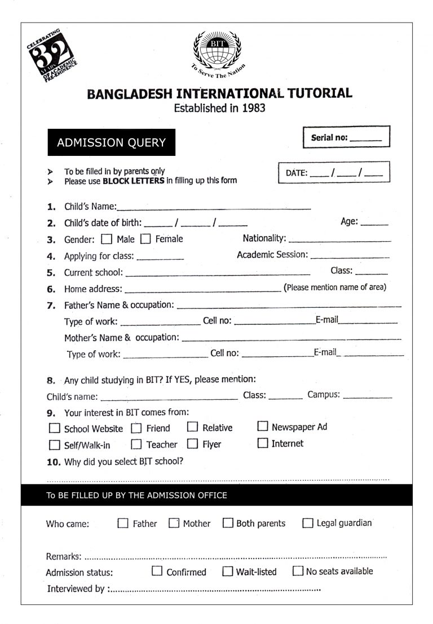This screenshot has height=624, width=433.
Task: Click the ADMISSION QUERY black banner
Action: pyautogui.click(x=111, y=142)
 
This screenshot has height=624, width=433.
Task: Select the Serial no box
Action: pyautogui.click(x=346, y=137)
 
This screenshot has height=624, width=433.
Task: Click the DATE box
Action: pyautogui.click(x=334, y=173)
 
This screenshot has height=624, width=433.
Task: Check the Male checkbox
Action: pyautogui.click(x=107, y=239)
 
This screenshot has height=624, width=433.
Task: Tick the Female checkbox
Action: pyautogui.click(x=145, y=239)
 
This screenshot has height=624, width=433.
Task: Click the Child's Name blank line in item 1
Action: pyautogui.click(x=214, y=207)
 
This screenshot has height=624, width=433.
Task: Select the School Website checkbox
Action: pyautogui.click(x=54, y=428)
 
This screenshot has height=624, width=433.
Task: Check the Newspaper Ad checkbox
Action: pyautogui.click(x=263, y=426)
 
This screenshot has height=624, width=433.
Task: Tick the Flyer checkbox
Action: pyautogui.click(x=193, y=444)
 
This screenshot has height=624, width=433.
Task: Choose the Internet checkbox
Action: pyautogui.click(x=263, y=443)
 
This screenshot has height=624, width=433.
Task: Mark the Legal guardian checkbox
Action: pyautogui.click(x=308, y=523)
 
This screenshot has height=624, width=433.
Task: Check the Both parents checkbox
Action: pyautogui.click(x=228, y=523)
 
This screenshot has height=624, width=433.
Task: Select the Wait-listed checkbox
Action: pyautogui.click(x=228, y=571)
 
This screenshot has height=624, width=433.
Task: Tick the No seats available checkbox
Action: pyautogui.click(x=298, y=571)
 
